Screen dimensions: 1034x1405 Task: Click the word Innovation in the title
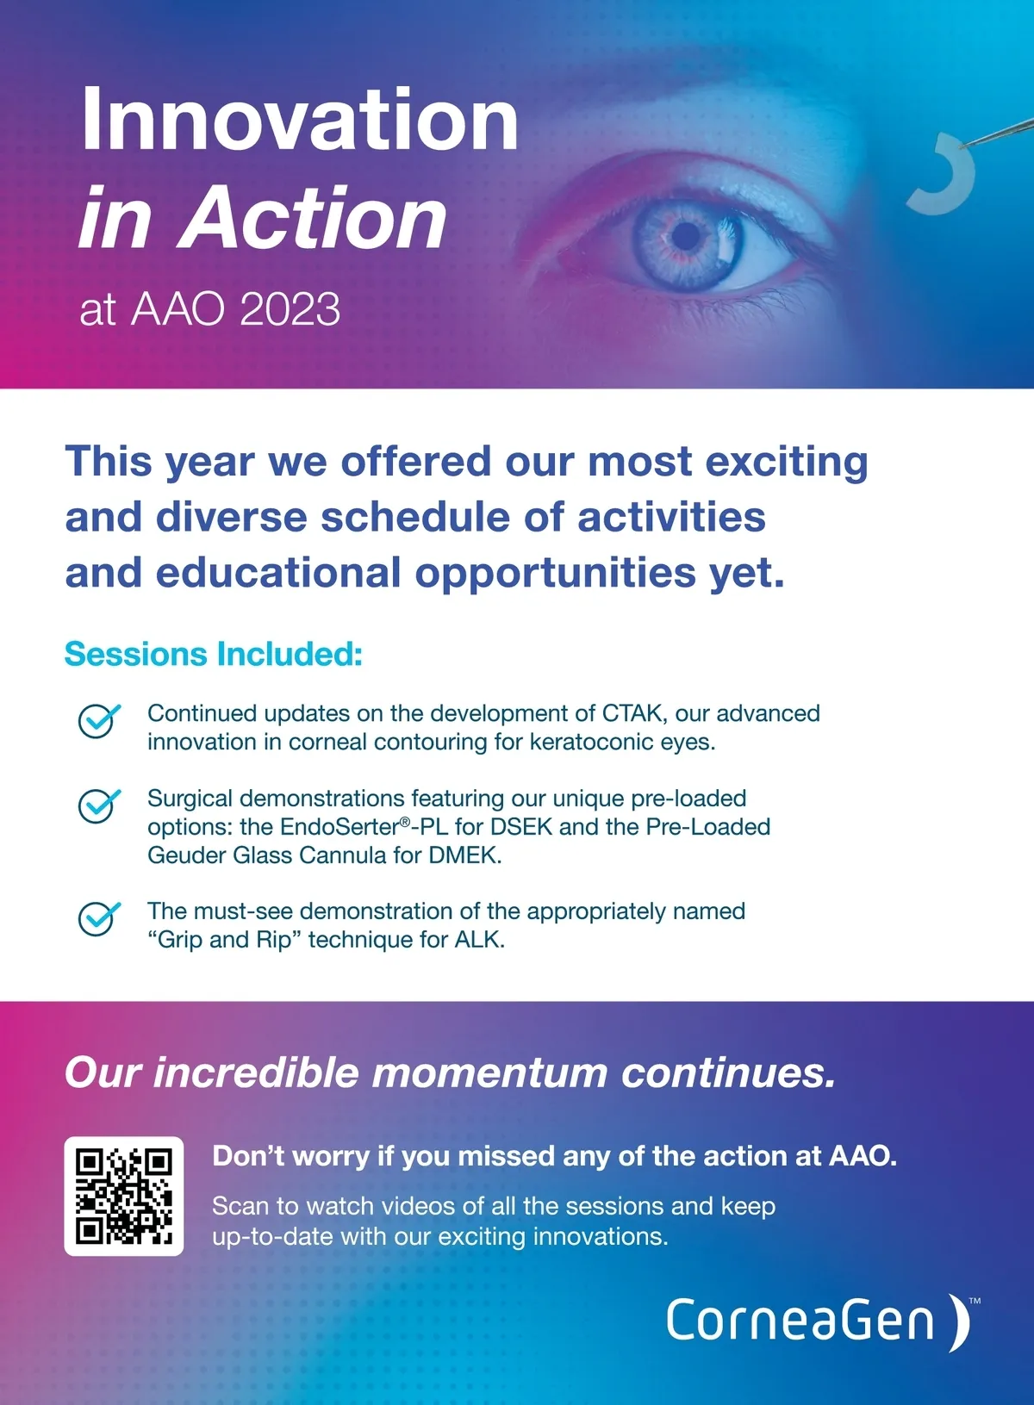coord(300,119)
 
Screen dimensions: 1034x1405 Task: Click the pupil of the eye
coord(687,236)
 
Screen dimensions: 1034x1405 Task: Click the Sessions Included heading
coord(214,654)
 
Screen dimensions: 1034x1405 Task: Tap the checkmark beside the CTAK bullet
coord(98,720)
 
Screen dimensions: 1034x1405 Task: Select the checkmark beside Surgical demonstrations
coord(98,805)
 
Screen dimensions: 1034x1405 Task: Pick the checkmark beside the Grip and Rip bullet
coord(98,918)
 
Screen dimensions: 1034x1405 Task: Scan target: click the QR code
coord(123,1197)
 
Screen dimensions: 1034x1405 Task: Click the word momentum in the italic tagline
coord(489,1073)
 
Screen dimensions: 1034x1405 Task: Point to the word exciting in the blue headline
coord(787,463)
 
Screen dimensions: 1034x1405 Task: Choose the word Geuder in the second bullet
coord(187,855)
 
